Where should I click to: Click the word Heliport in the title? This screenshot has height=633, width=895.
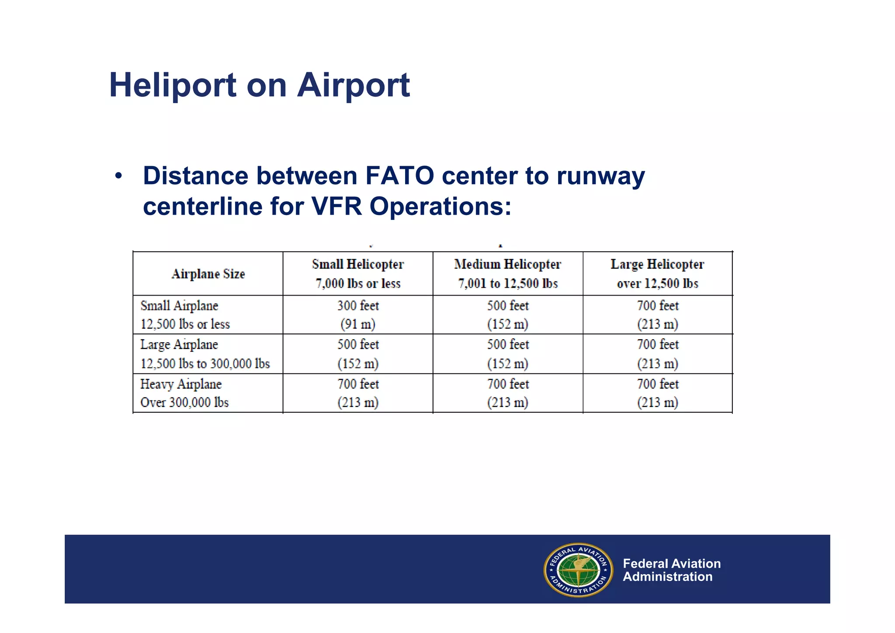(173, 86)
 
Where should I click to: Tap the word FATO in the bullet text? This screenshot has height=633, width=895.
(399, 176)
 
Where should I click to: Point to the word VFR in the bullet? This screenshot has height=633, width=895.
(336, 206)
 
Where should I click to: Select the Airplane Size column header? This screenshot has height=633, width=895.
(208, 274)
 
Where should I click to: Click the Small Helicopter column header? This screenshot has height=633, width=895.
(358, 274)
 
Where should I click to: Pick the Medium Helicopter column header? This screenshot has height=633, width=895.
(508, 274)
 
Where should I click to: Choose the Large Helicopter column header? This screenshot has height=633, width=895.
(657, 274)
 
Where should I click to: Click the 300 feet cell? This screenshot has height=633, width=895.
(358, 315)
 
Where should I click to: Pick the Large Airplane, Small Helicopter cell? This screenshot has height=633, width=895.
(358, 354)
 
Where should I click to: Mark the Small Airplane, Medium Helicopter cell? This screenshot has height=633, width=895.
(508, 315)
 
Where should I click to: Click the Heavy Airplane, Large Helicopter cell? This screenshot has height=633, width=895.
(657, 393)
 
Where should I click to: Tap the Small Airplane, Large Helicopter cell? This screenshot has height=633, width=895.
(657, 315)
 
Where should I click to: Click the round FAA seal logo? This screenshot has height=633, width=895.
(578, 570)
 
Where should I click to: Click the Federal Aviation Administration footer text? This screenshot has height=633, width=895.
(671, 570)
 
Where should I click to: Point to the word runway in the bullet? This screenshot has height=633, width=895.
(600, 176)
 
